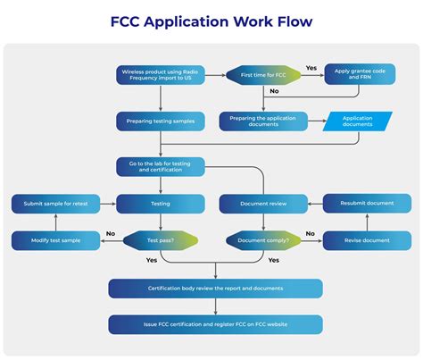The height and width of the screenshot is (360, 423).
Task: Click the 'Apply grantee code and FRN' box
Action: pyautogui.click(x=359, y=73)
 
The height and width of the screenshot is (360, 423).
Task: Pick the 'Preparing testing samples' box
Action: pyautogui.click(x=161, y=121)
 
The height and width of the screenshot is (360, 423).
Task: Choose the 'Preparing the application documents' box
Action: pyautogui.click(x=263, y=121)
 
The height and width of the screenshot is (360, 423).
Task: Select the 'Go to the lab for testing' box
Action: pyautogui.click(x=161, y=166)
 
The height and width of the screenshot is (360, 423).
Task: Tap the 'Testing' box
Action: pyautogui.click(x=161, y=204)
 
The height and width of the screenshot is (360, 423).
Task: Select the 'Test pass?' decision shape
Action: pyautogui.click(x=161, y=240)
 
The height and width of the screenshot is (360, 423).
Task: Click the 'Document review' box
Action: pyautogui.click(x=263, y=204)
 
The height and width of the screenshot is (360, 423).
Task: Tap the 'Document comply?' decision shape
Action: pyautogui.click(x=263, y=240)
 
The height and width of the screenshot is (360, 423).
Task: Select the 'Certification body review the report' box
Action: pyautogui.click(x=215, y=288)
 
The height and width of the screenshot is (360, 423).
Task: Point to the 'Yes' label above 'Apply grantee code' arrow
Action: pyautogui.click(x=311, y=67)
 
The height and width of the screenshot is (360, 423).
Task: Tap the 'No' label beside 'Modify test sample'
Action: pyautogui.click(x=110, y=234)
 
